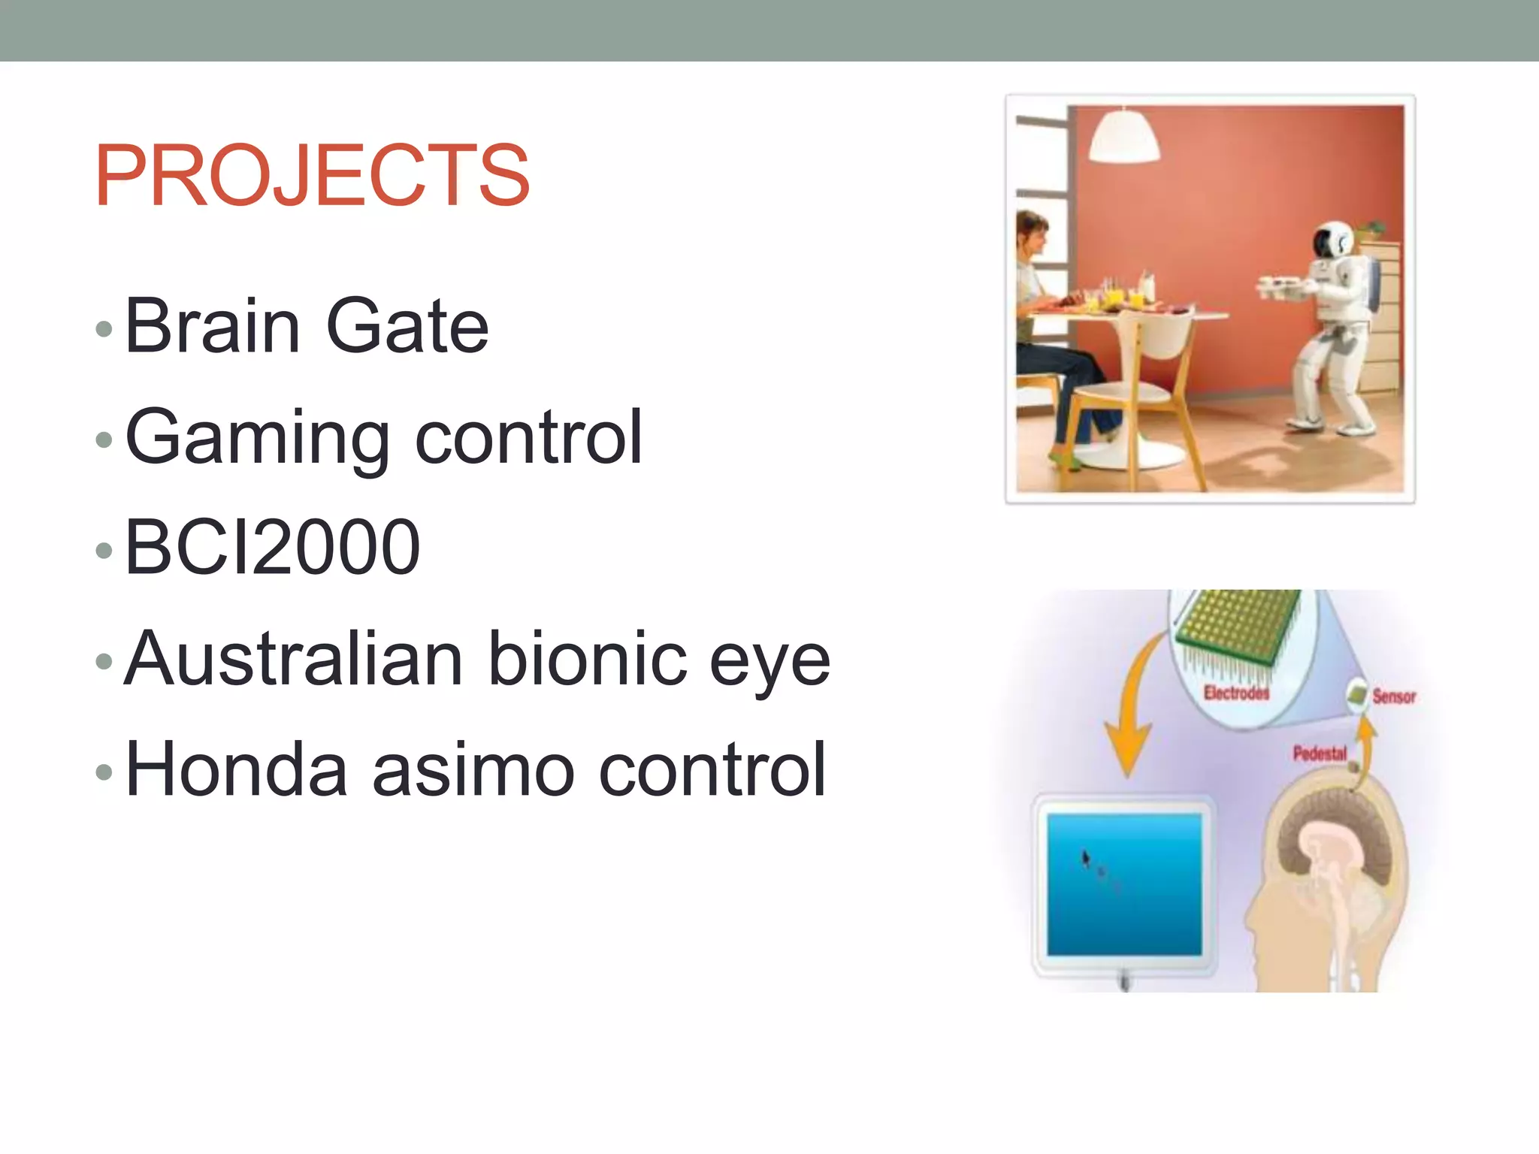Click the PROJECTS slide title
tap(312, 176)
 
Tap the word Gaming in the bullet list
tap(256, 438)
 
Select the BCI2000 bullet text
tap(272, 548)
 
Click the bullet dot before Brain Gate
tap(104, 328)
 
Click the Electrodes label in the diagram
tap(1236, 693)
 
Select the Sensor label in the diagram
tap(1394, 696)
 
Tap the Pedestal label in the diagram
tap(1320, 753)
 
